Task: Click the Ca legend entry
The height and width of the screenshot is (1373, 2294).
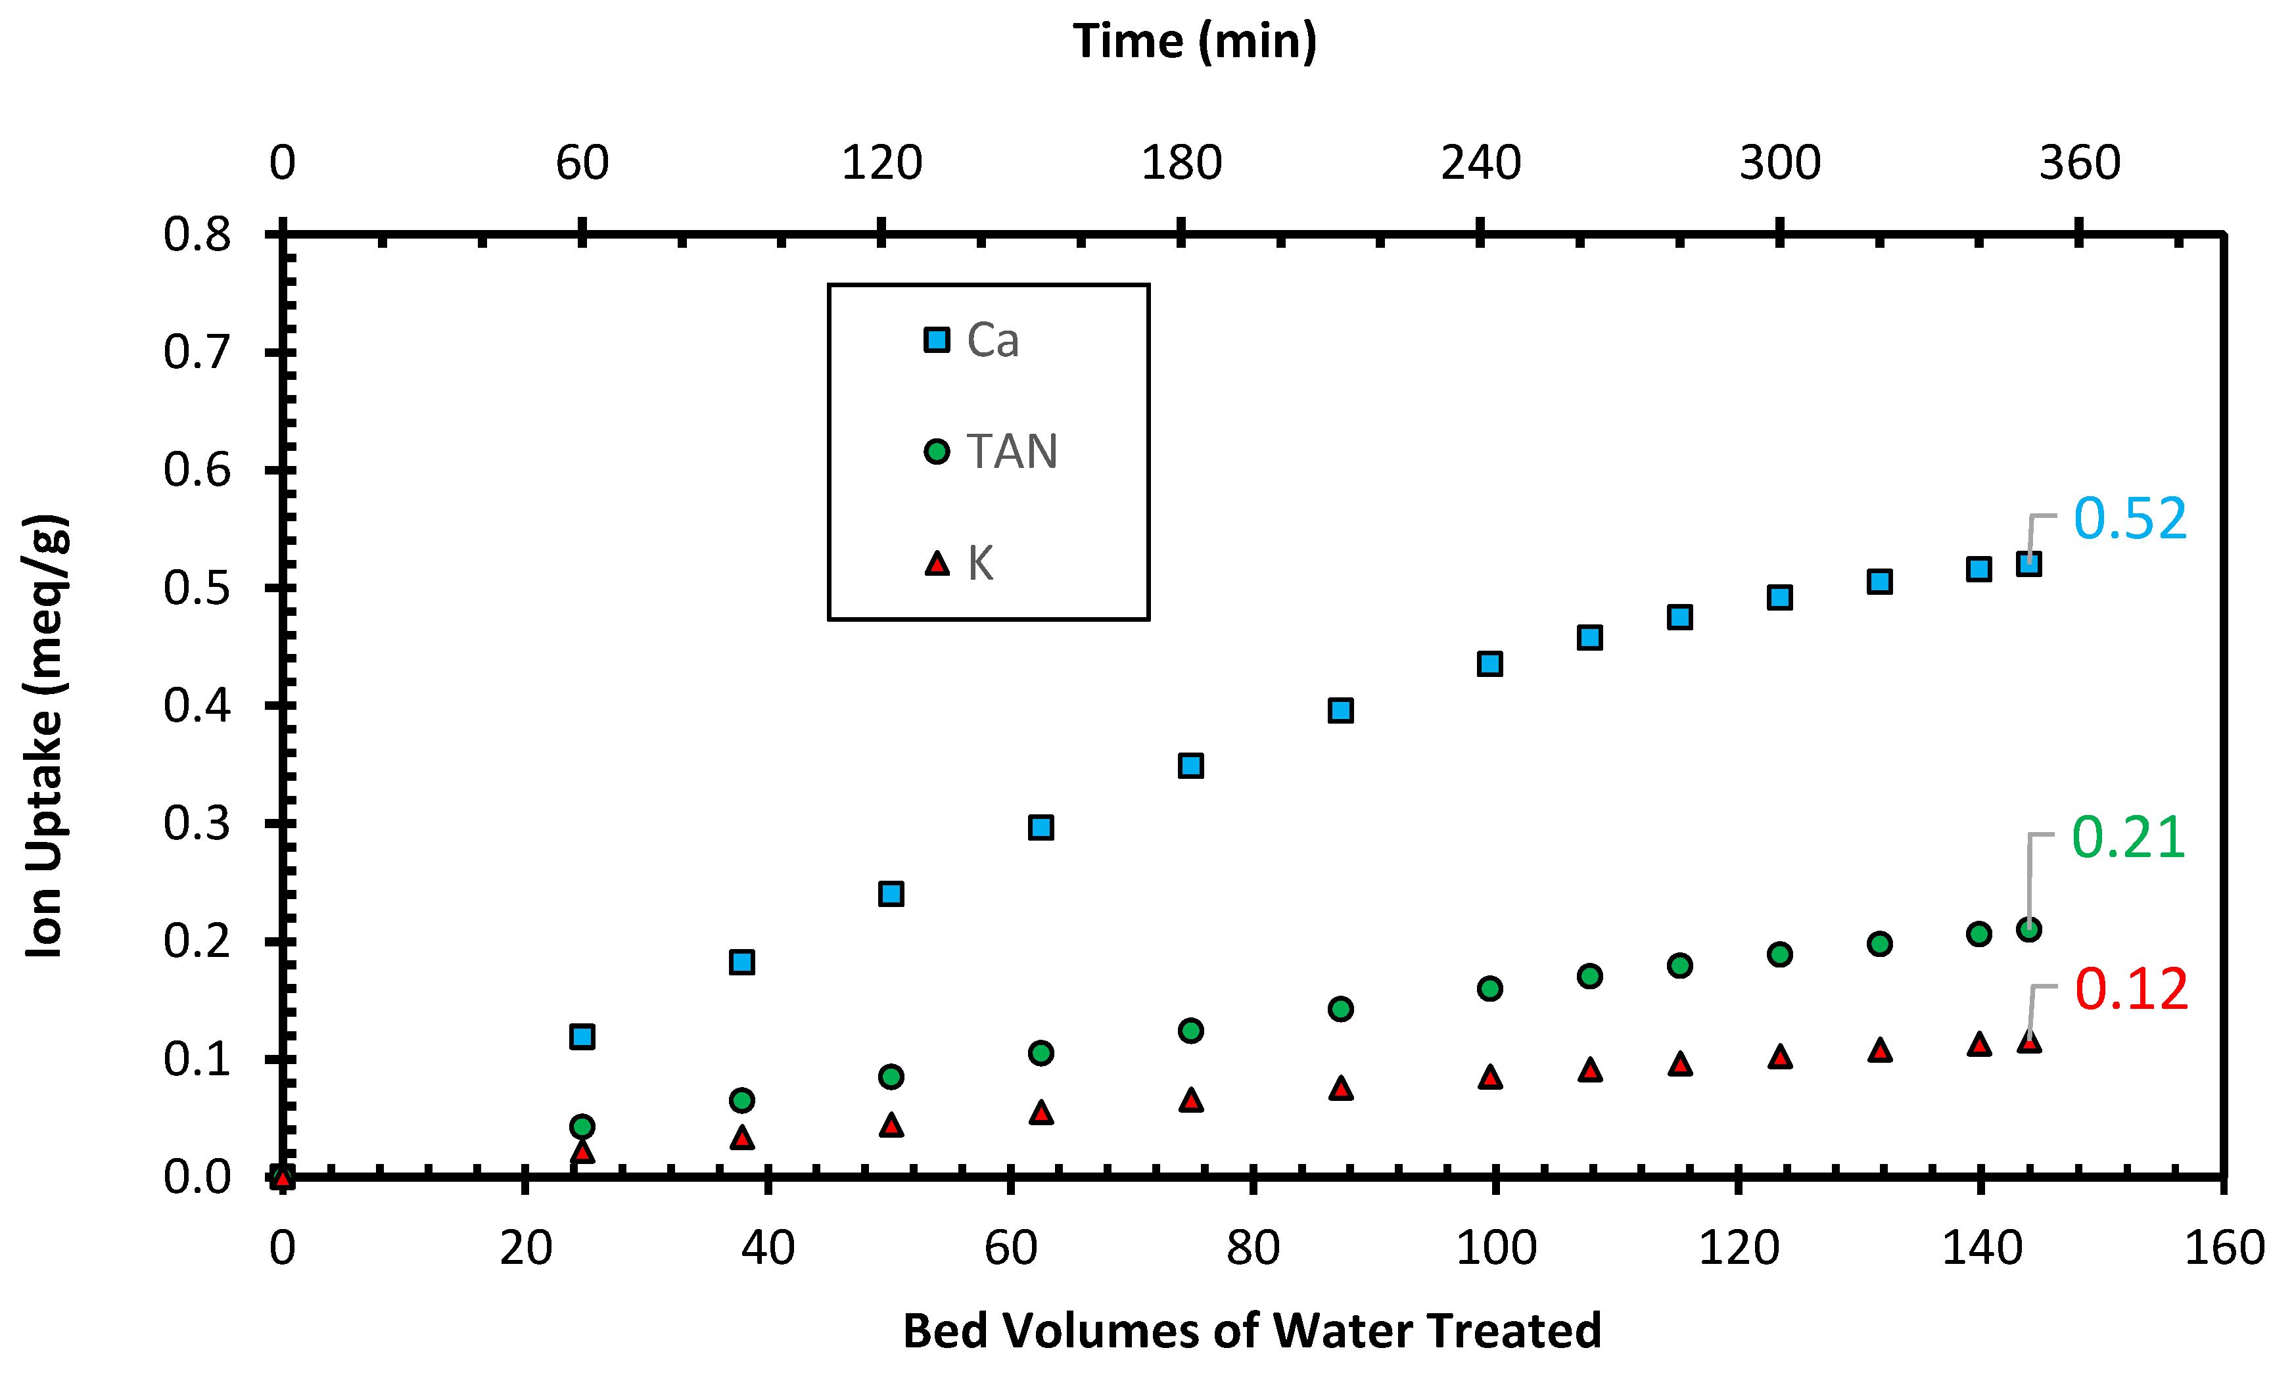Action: pos(972,340)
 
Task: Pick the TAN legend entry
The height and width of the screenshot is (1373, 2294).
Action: pos(991,452)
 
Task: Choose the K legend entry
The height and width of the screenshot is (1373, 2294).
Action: pos(959,563)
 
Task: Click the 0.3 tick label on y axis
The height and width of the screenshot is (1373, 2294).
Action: pos(197,824)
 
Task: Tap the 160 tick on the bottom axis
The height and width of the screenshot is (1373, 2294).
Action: pos(2224,1247)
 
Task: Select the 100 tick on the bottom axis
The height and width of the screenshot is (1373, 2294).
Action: pos(1495,1247)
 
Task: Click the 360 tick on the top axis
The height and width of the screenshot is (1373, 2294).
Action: pos(2078,163)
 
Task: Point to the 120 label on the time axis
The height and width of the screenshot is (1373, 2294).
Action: pos(881,163)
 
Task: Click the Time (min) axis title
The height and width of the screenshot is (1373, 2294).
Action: pos(1194,41)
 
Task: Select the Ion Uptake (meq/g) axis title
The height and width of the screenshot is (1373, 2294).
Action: pos(45,735)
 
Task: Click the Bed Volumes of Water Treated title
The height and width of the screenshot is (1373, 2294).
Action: pos(1252,1330)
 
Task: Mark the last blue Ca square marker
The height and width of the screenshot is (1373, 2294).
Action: pos(2028,563)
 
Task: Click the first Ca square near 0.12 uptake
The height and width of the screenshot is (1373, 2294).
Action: pos(582,1036)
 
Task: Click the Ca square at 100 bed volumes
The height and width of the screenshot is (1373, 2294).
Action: pos(1489,663)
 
